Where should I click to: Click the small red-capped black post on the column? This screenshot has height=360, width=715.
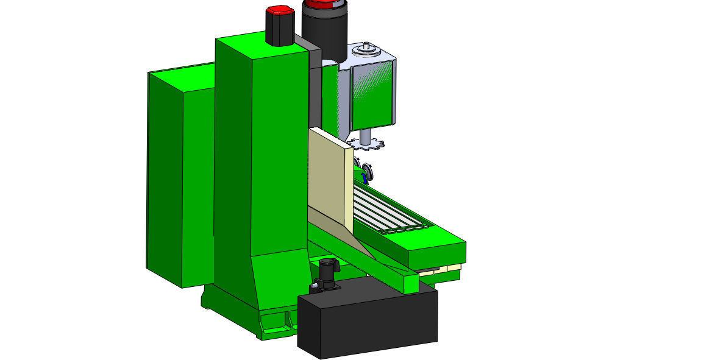(x=280, y=27)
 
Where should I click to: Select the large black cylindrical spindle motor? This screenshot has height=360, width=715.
(x=324, y=34)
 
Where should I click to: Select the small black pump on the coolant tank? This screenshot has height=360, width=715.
(x=328, y=274)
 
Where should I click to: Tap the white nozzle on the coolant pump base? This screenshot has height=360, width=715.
(x=314, y=285)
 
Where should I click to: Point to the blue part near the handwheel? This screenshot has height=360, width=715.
(x=365, y=178)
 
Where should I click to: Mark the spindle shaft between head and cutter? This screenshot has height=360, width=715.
(x=366, y=135)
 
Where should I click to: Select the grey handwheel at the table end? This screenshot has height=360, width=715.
(x=366, y=171)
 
